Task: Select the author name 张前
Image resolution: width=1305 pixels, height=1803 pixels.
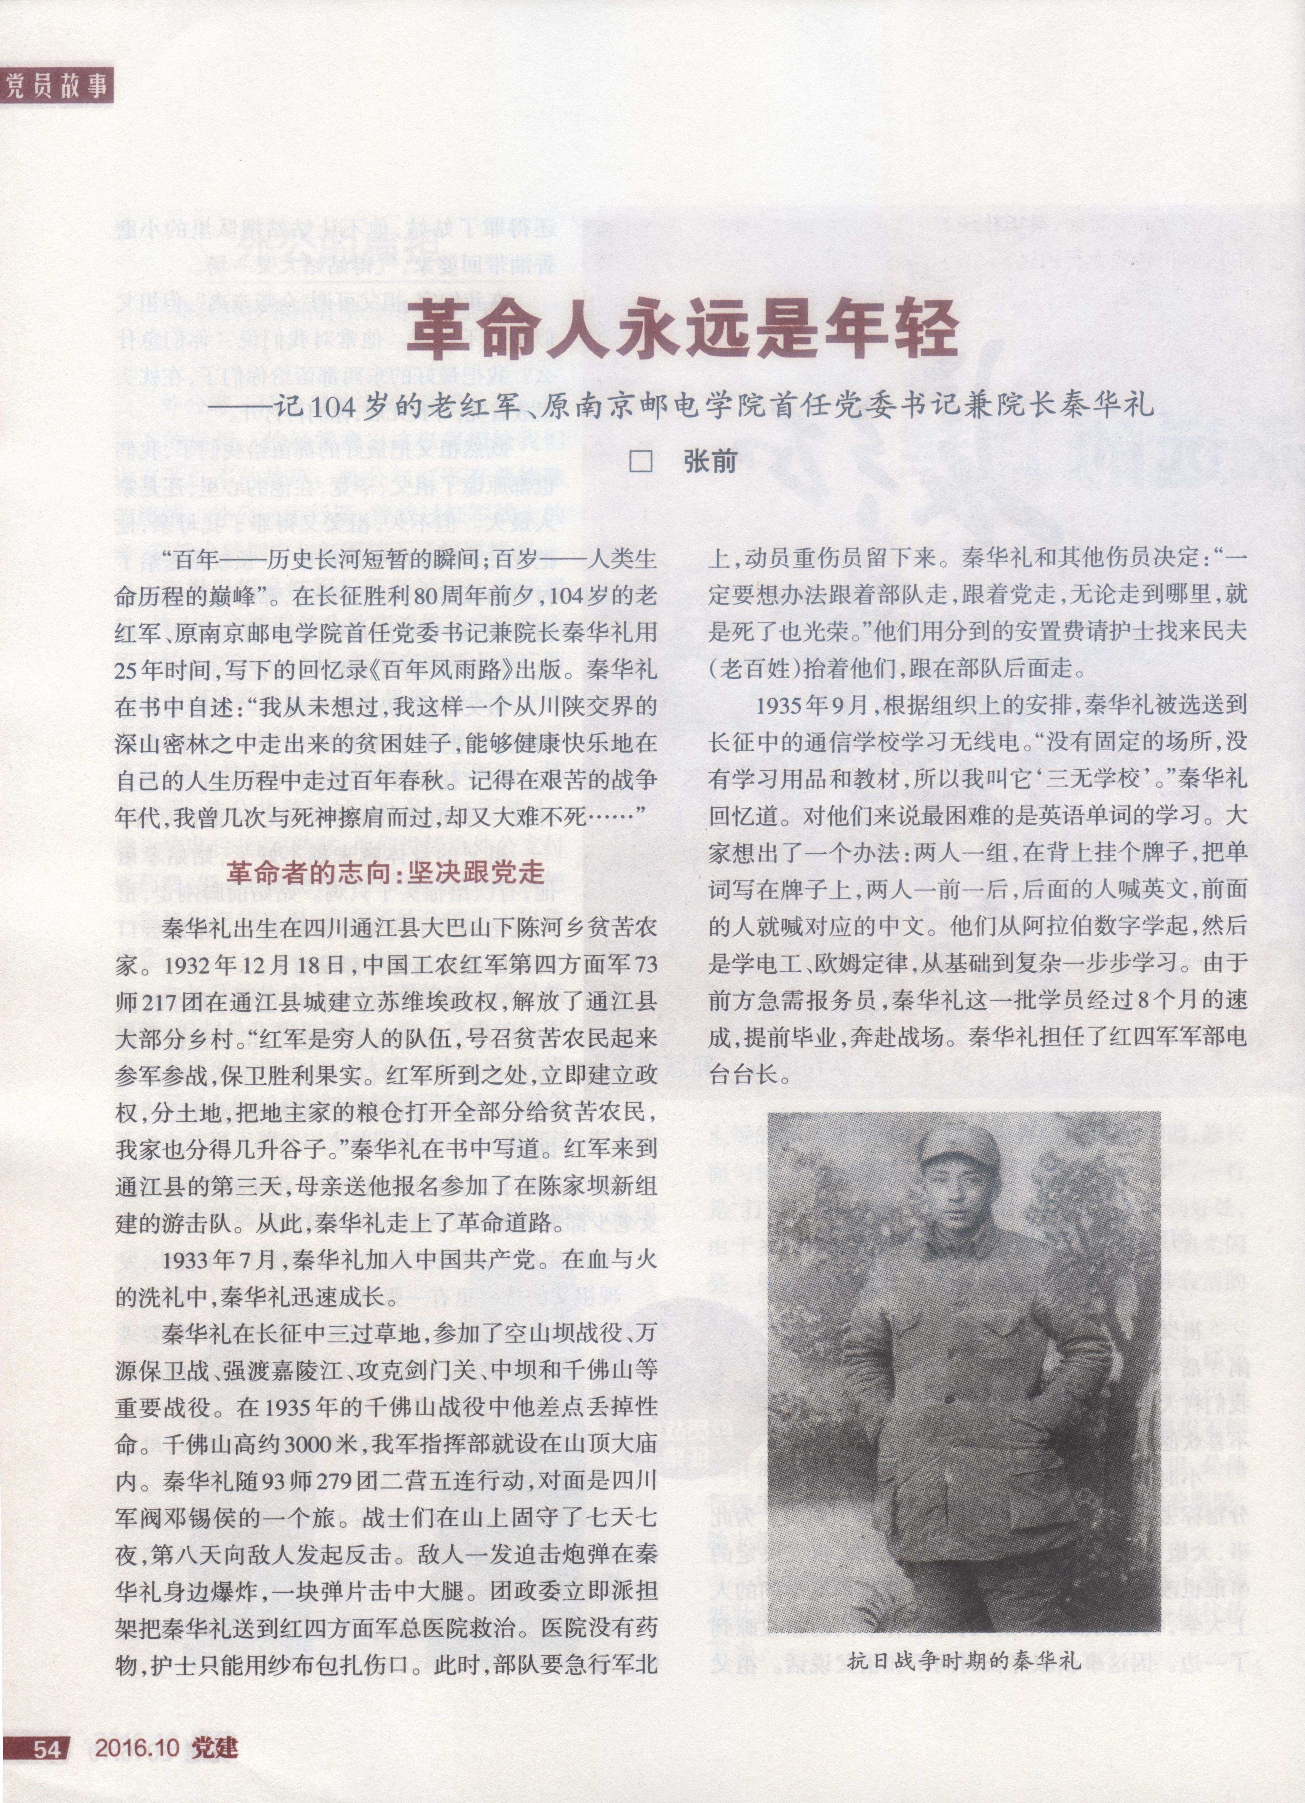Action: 710,461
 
